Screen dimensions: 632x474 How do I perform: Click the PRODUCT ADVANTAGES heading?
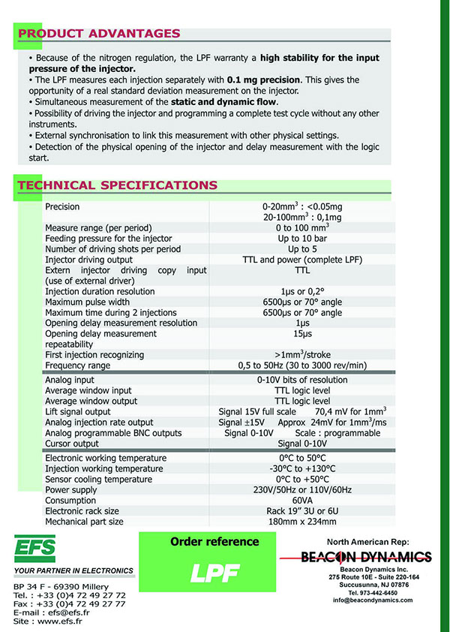[99, 33]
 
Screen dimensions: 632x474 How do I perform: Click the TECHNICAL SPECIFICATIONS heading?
[118, 185]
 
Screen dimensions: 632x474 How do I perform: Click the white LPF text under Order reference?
[214, 573]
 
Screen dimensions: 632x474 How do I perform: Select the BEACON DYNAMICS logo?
[366, 557]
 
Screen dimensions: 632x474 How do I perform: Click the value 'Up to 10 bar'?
[302, 238]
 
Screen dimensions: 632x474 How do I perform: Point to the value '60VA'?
[302, 500]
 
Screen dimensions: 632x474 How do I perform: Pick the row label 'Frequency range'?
[77, 366]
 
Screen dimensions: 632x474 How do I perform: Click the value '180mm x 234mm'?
[302, 521]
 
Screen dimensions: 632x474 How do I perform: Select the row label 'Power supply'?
[70, 489]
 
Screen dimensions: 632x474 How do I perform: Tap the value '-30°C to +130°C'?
[302, 468]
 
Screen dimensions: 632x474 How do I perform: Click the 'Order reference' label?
[214, 542]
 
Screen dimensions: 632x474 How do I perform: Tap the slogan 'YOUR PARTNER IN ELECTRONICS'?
[73, 571]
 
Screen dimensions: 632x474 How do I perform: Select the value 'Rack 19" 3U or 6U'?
[302, 510]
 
